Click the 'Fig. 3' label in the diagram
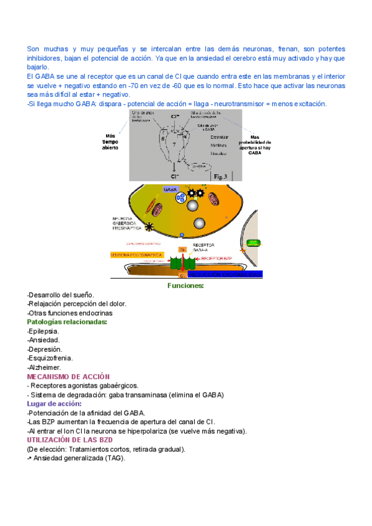point(221,177)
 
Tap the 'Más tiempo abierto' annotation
point(112,143)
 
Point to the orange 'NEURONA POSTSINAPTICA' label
point(136,255)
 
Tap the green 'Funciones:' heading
point(185,286)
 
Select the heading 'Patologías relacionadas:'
point(67,322)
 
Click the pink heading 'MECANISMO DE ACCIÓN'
point(69,377)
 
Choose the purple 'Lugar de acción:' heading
point(55,404)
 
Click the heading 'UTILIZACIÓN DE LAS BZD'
point(70,440)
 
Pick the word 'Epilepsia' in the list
point(44,331)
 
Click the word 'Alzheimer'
point(45,367)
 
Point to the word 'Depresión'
point(45,349)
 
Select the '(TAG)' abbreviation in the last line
point(115,458)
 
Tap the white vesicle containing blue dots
point(181,198)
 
